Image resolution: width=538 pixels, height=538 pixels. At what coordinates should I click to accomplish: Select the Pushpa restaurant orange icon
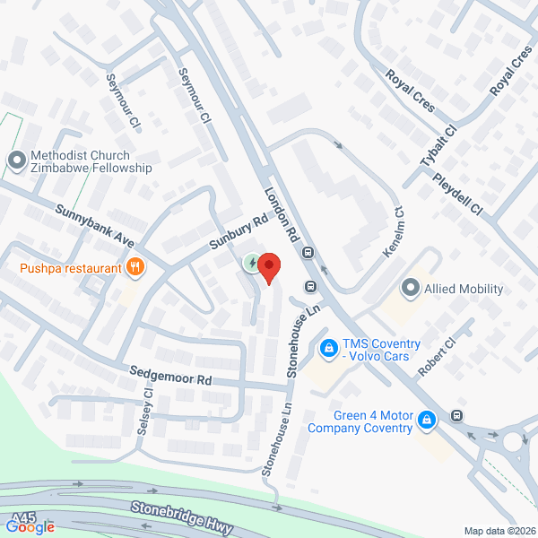coord(135,266)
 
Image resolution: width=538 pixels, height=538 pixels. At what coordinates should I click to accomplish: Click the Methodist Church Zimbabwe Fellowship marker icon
coord(15,161)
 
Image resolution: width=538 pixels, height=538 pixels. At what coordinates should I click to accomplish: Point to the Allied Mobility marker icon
coord(411,288)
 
